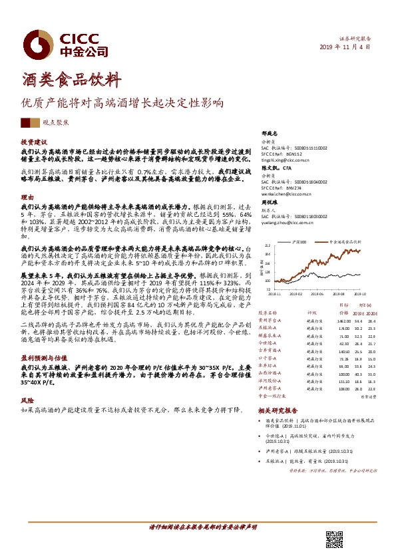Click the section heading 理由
[x=27, y=198]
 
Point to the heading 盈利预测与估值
[x=42, y=356]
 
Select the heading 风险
[x=27, y=401]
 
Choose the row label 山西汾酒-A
[x=272, y=373]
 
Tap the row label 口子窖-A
[x=269, y=358]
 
